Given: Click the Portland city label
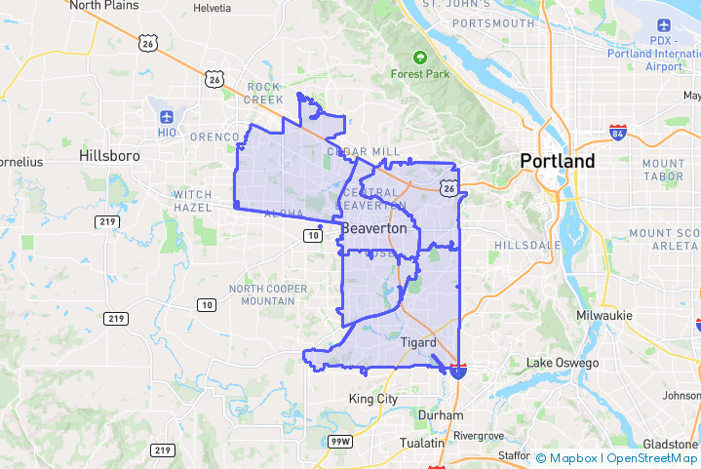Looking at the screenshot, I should coord(557,161).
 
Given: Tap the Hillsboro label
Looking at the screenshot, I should coord(109,156).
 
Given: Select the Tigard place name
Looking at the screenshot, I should coord(418,341).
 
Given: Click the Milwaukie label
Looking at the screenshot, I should coord(604,315).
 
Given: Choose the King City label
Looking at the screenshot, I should coord(373,399).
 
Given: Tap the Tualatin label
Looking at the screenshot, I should coord(421,443).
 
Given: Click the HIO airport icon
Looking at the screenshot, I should coord(167,117).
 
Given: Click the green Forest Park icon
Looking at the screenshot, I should coord(420,58).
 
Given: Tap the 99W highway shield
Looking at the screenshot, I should coord(339,442).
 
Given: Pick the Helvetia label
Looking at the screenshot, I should coord(213,8).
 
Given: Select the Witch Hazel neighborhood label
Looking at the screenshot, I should coord(192,202).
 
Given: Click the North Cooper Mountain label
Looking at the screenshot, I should coord(268,294).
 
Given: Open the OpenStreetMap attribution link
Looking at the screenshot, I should coord(648,457).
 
